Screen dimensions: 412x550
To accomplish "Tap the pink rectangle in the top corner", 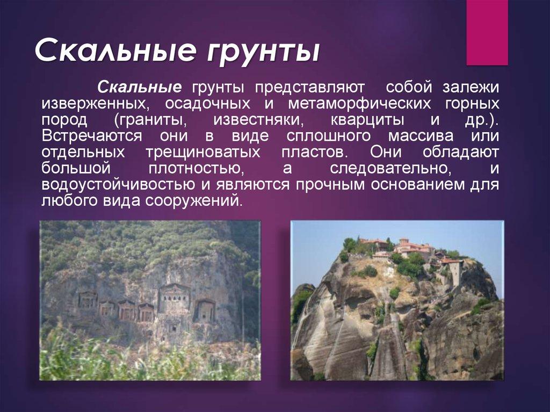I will click(x=487, y=32).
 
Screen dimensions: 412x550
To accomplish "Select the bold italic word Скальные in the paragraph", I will click(x=138, y=86).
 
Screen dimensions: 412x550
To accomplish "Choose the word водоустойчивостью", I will click(x=118, y=184).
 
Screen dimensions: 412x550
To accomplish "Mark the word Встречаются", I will click(x=92, y=135).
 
